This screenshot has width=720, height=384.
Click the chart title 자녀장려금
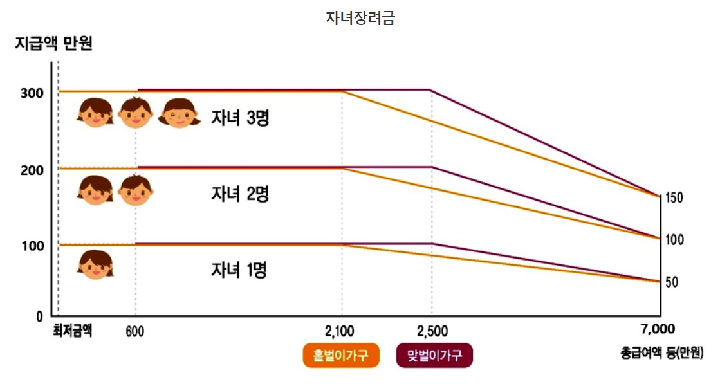pos(360,18)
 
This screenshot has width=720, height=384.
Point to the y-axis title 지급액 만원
pos(54,44)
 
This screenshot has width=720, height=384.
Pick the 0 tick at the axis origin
pos(39,316)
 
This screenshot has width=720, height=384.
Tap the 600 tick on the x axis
pos(135,332)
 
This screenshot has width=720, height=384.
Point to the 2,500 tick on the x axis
pos(432,332)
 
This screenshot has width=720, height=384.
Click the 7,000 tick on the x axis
pos(658,329)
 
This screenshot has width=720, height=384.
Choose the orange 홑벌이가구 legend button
pos(340,355)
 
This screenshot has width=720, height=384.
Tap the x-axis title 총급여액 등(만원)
pos(662,352)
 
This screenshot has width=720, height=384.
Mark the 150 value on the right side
pos(674,197)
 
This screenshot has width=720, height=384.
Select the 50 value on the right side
pos(671,282)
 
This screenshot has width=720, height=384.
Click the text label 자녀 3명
pos(240,118)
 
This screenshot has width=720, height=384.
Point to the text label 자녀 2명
pos(240,194)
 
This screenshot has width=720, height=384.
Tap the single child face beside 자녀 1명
pos(95,264)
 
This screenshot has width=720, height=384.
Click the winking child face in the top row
pos(180,113)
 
